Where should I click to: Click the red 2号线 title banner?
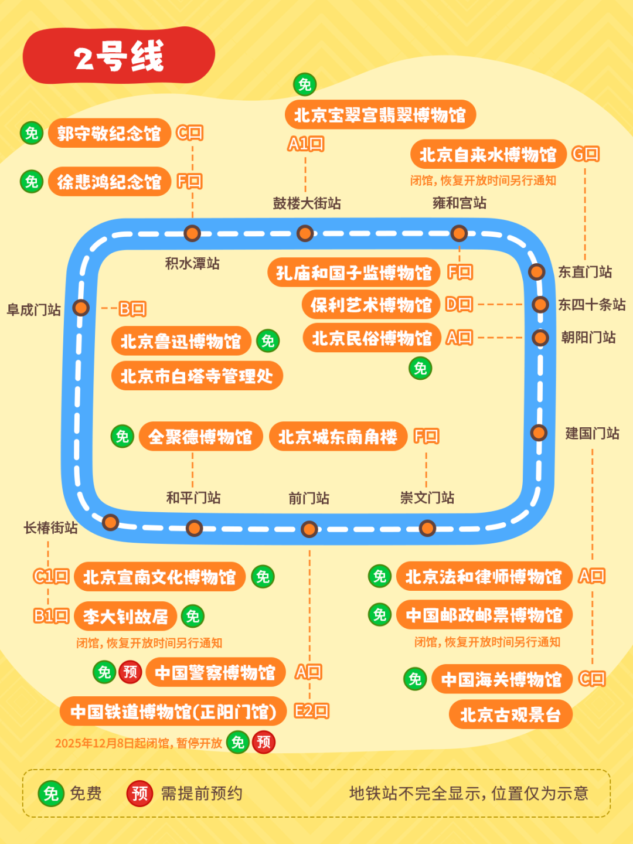coord(119,56)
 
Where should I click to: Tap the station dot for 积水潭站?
coord(192,233)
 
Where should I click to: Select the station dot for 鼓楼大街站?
coord(305,233)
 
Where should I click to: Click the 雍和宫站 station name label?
coord(460,203)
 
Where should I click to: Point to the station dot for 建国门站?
coord(539,433)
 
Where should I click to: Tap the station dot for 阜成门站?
coord(81,308)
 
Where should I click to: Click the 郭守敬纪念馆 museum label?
coord(109,133)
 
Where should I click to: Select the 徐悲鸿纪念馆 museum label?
coord(109,182)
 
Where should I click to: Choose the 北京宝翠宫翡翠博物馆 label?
coord(380,115)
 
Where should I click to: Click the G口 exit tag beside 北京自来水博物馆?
coord(586,154)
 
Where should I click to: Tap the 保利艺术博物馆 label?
coord(371,305)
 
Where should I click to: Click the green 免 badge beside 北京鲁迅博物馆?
coord(268,341)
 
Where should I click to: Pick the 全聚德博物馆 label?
coord(200,437)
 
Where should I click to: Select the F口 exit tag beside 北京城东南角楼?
coord(426,436)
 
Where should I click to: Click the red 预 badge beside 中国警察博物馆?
coord(130,672)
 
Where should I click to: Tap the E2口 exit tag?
coord(311,711)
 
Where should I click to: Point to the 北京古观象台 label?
coord(510,714)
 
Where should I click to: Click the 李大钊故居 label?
coord(125,617)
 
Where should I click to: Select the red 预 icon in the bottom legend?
coord(139,794)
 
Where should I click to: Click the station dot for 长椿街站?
coord(110,522)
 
